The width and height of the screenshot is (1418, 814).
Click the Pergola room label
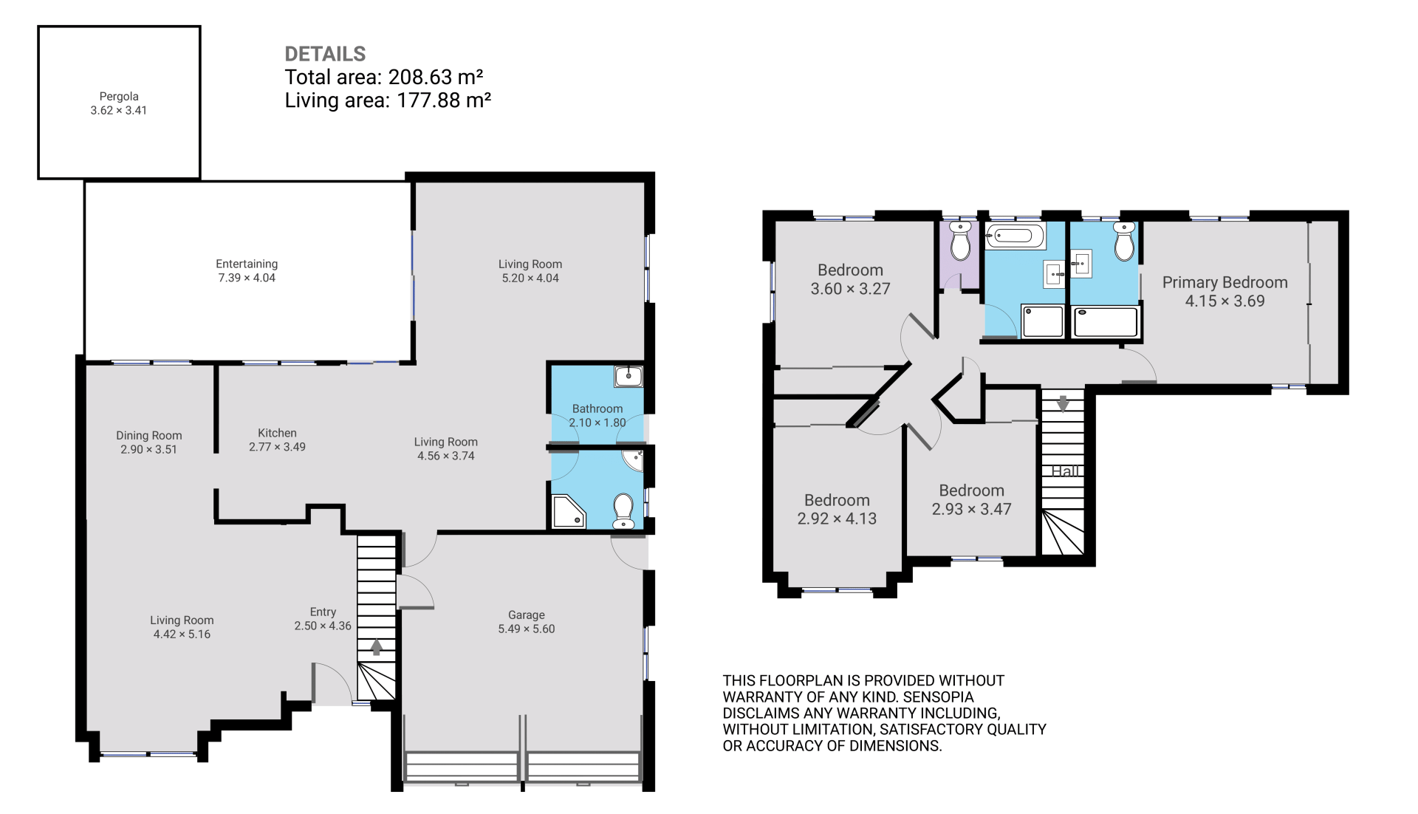[119, 96]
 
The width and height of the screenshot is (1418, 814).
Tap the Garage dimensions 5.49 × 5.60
[527, 629]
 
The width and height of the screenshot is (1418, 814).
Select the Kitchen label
[277, 433]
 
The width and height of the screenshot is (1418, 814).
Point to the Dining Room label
[148, 435]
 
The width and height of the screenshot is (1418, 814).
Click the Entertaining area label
[247, 264]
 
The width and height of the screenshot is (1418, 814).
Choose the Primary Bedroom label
[1225, 282]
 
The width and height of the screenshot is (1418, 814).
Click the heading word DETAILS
[325, 54]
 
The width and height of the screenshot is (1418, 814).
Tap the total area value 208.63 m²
[436, 77]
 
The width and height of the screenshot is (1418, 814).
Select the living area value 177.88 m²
[444, 100]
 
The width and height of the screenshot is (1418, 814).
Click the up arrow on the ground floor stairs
[376, 647]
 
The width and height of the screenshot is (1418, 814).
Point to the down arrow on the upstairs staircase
[1063, 403]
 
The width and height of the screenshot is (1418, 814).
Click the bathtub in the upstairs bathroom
[1015, 236]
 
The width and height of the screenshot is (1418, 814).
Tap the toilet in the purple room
[960, 241]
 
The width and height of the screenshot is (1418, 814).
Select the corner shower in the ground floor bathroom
[569, 512]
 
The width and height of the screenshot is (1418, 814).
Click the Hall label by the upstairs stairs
[1065, 471]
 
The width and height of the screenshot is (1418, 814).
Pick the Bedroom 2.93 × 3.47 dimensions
[971, 509]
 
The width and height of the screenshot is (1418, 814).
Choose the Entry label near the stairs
[323, 612]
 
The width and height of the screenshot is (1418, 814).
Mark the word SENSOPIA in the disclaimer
[937, 697]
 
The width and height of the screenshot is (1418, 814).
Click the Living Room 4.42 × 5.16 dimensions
[182, 634]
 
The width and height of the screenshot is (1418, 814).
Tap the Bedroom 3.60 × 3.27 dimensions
[850, 289]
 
